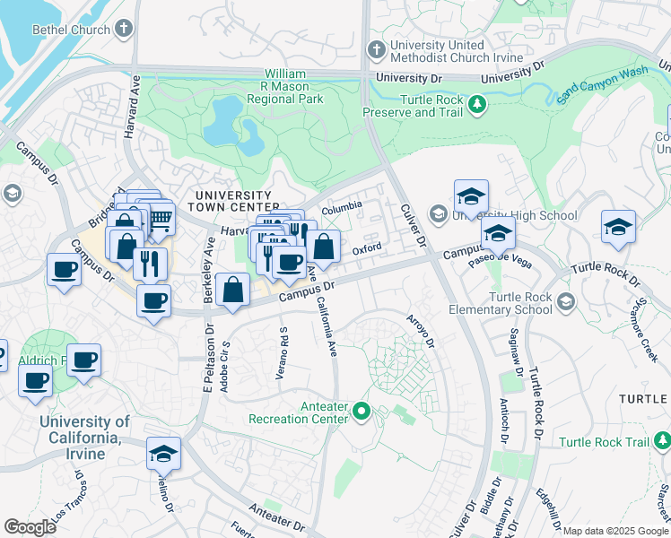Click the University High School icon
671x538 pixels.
[x=438, y=214]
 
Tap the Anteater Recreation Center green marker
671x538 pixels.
[x=362, y=412]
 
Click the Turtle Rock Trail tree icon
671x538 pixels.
[x=662, y=440]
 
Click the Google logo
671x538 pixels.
[x=30, y=526]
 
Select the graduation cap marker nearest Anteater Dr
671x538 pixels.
[x=163, y=454]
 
